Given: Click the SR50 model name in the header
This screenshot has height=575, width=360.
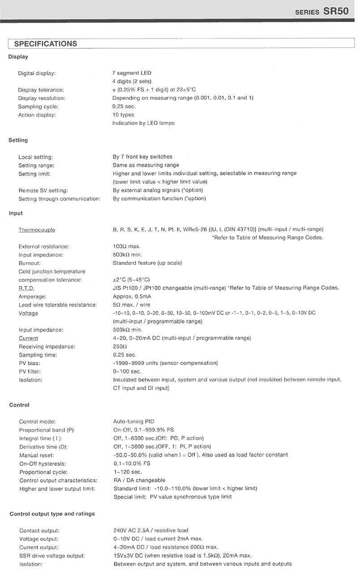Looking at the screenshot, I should [x=336, y=11].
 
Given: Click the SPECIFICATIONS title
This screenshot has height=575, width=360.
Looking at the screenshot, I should [x=46, y=44].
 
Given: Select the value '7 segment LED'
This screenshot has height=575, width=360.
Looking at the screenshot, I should [x=131, y=73].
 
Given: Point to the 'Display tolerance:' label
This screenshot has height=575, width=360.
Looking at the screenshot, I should [x=41, y=90].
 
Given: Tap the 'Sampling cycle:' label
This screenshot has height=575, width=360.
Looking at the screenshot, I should [x=38, y=106].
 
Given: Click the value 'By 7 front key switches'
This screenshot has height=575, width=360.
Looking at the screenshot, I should [x=142, y=157].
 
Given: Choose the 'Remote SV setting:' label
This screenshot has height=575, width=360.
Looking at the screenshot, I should [x=43, y=190].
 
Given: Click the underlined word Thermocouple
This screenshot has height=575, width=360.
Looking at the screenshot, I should [x=37, y=230].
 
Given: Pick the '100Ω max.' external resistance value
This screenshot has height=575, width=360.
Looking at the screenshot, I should [x=127, y=247].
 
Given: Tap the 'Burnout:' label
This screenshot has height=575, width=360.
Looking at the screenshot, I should [x=30, y=263].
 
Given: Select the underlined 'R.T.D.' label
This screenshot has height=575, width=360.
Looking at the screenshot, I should [x=26, y=288].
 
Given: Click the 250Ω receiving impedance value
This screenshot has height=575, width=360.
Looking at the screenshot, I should [x=120, y=346].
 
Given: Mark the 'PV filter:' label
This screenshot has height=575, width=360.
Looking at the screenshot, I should [x=30, y=371].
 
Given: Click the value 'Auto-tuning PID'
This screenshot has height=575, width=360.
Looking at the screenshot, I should [x=134, y=422].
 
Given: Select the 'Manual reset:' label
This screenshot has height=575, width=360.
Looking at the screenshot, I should [x=36, y=455].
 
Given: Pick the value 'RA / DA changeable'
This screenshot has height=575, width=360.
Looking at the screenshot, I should [x=139, y=480].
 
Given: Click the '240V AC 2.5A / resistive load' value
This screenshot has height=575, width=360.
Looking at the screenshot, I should [x=151, y=531].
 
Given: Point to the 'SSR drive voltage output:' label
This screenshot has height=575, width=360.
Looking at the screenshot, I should [x=52, y=556].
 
